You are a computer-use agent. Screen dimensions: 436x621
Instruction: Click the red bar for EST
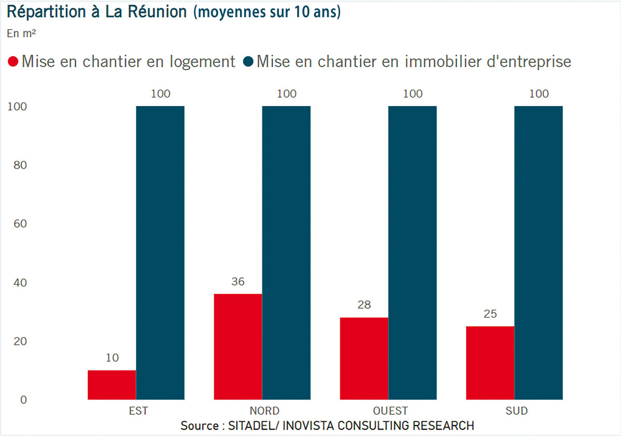(112, 385)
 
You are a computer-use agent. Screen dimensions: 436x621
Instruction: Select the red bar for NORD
(238, 346)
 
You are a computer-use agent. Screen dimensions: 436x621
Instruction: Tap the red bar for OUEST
(364, 358)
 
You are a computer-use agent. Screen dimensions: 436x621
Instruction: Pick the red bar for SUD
(490, 362)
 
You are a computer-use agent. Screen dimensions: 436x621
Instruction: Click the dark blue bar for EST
(160, 253)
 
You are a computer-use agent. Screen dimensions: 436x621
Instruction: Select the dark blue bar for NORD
(286, 253)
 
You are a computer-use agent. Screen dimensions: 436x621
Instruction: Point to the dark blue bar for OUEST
(412, 253)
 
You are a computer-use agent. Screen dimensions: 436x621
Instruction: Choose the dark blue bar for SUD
(538, 253)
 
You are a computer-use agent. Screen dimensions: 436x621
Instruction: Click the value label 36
(238, 282)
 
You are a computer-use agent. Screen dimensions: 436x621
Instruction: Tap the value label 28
(364, 305)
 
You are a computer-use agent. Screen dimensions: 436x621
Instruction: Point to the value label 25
(490, 314)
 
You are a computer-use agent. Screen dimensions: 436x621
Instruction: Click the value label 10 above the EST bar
(112, 358)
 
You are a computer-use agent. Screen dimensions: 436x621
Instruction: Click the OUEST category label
(390, 411)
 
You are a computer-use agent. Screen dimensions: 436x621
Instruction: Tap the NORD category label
(264, 411)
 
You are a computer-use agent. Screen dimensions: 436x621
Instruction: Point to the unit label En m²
(20, 34)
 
